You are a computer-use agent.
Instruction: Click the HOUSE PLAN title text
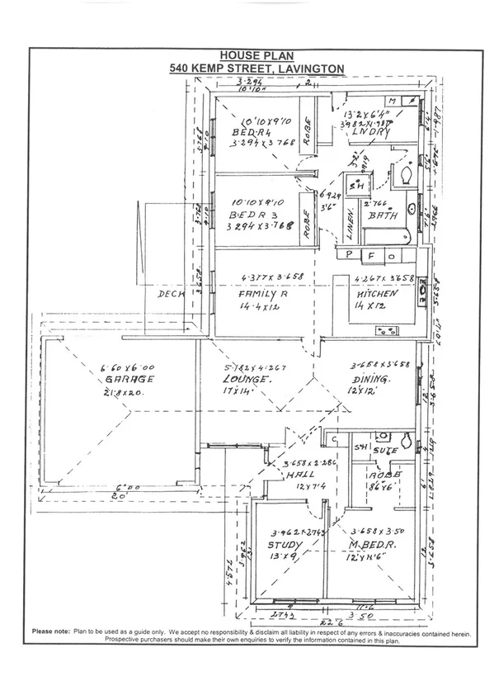(x=247, y=54)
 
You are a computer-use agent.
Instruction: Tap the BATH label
(x=383, y=215)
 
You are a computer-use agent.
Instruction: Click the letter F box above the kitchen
(x=371, y=256)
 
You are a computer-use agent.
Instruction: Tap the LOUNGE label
(x=248, y=380)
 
